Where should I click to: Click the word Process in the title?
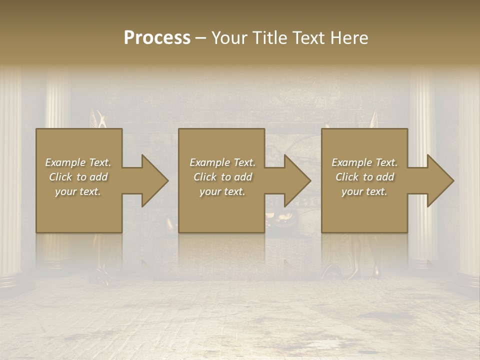157,38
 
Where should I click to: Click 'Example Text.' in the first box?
78,162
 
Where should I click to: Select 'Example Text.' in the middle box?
222,162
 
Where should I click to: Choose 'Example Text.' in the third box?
364,162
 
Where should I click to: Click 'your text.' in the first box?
78,191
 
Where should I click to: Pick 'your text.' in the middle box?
222,191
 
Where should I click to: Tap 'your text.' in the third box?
364,191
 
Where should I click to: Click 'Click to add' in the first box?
78,177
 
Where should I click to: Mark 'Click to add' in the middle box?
222,177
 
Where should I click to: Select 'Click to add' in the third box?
364,177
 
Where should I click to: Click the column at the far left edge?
10,175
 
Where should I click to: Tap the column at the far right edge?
470,175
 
